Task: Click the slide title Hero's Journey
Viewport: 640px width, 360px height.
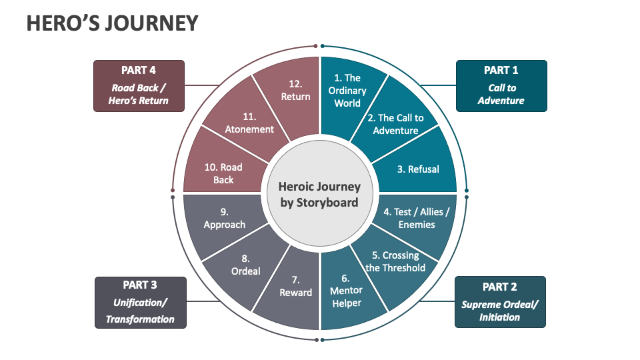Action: [x=112, y=23]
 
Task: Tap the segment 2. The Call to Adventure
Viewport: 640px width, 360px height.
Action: [x=395, y=124]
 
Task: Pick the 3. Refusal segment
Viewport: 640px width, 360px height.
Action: [x=418, y=169]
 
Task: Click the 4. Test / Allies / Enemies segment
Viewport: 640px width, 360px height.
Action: [x=417, y=218]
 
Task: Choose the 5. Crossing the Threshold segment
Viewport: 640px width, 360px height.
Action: [x=396, y=261]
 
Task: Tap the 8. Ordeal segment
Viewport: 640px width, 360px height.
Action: [x=246, y=265]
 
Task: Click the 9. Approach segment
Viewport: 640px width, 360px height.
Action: [x=224, y=219]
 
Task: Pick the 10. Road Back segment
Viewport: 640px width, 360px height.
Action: [x=223, y=173]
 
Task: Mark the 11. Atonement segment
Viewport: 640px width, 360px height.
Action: [x=249, y=123]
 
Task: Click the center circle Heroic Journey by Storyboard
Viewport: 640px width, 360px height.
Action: [x=319, y=195]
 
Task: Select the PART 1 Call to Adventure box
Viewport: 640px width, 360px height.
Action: [x=501, y=86]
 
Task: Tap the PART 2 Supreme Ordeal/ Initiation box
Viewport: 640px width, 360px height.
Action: [x=499, y=301]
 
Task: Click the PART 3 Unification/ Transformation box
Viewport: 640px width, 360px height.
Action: [x=140, y=302]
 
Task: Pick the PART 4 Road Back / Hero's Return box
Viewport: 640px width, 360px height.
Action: [x=139, y=85]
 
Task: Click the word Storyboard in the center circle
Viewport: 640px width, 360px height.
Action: [x=319, y=203]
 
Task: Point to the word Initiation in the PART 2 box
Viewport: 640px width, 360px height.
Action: [x=499, y=317]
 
